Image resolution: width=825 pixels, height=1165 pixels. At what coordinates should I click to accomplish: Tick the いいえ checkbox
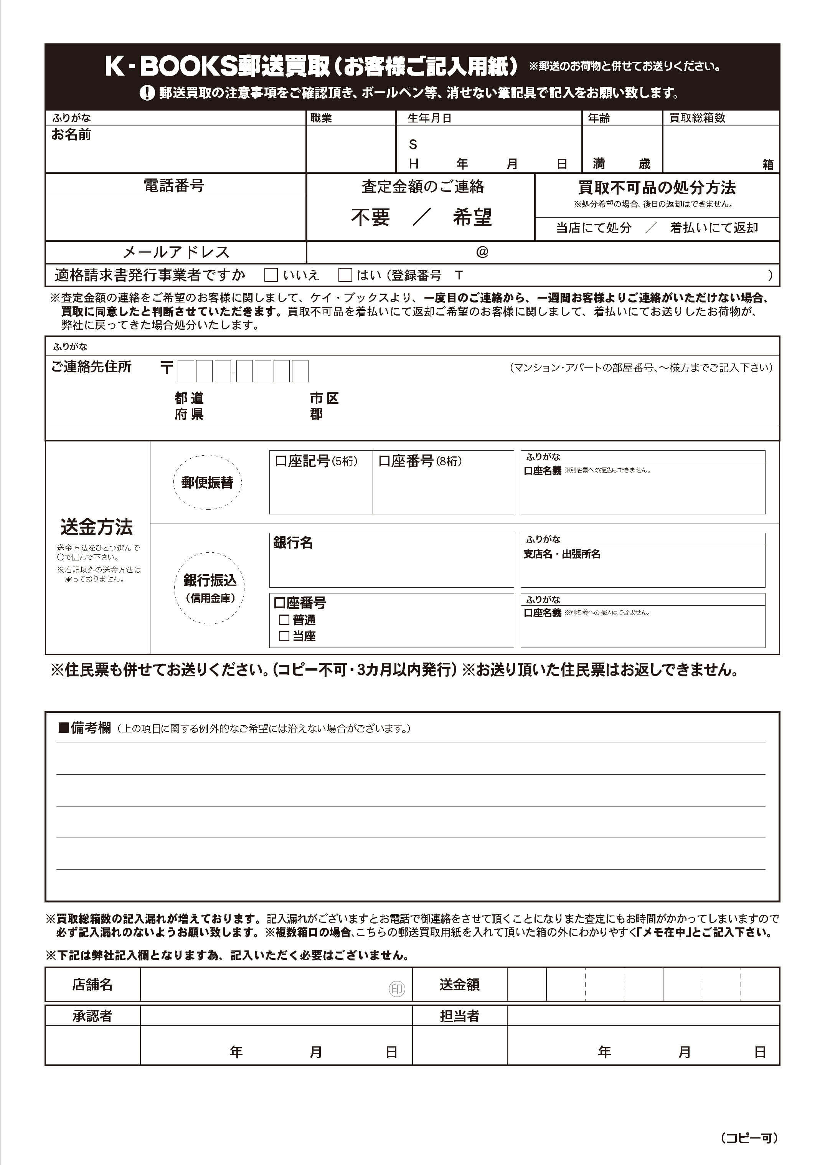[271, 275]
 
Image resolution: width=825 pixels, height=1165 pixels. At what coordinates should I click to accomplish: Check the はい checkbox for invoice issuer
[345, 275]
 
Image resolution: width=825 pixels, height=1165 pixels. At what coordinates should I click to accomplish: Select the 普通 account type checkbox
[284, 620]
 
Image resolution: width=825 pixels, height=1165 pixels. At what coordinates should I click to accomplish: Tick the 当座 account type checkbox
[284, 636]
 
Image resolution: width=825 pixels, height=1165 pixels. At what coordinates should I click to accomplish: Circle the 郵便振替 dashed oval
[207, 482]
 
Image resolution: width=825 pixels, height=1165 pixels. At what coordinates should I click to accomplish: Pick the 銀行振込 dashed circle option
[209, 588]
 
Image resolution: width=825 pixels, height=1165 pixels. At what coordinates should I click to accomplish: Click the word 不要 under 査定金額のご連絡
[370, 217]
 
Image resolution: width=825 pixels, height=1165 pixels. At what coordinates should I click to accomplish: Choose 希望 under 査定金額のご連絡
[472, 217]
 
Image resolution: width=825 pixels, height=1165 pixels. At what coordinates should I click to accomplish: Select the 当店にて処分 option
[593, 228]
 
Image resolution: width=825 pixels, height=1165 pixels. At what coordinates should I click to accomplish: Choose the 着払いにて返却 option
[714, 228]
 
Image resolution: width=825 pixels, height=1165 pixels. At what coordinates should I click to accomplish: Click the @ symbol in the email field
[482, 252]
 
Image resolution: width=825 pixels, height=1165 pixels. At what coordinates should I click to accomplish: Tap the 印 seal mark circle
[397, 989]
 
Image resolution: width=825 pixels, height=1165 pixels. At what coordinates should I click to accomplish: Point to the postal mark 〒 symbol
[167, 368]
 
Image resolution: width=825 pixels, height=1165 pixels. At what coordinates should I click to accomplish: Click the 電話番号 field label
[174, 185]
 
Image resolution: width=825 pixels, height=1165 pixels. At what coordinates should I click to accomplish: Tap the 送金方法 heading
[97, 527]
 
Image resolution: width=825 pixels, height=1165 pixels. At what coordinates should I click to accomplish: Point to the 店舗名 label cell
[92, 985]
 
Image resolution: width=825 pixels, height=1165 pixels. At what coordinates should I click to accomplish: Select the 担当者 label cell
[459, 1016]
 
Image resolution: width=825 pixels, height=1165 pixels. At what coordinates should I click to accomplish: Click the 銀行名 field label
[293, 543]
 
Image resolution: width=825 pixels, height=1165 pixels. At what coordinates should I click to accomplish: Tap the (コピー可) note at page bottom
[749, 1138]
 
